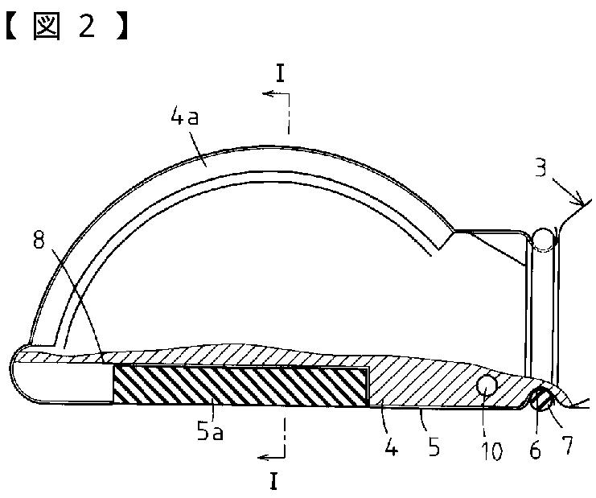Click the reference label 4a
tap(185, 117)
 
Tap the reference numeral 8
tap(39, 240)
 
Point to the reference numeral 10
tap(492, 451)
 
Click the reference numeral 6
tap(535, 451)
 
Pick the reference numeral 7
tap(567, 445)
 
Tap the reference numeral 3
tap(541, 167)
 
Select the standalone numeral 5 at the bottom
tap(434, 447)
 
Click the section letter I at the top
tap(281, 73)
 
